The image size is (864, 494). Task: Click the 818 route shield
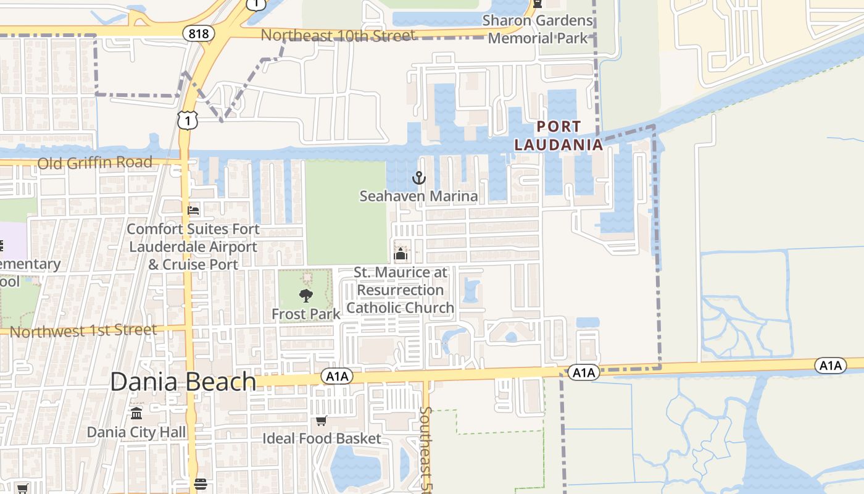pos(198,33)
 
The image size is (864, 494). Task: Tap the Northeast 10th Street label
pos(338,35)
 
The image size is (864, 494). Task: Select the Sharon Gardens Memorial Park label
pos(538,29)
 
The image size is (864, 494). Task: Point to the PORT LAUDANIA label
pos(559,136)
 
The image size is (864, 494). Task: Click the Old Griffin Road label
pos(94,163)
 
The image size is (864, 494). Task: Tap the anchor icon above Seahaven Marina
pos(419,178)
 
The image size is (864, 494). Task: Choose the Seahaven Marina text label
pos(419,196)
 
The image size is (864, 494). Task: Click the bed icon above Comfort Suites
pos(193,211)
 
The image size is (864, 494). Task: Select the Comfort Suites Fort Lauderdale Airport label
pos(193,246)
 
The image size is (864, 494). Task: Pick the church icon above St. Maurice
pos(401,254)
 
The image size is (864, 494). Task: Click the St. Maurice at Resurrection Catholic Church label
pos(401,290)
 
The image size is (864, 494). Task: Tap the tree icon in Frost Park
pos(305,296)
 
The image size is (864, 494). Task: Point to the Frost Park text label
pos(305,314)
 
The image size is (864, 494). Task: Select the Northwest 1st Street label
pos(83,331)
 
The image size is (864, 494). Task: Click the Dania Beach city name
pos(183,382)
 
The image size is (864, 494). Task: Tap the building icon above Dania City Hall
pos(136,412)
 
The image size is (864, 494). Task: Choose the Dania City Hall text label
pos(136,432)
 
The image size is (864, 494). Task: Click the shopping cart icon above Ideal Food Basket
pos(321,421)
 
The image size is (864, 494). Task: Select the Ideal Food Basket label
pos(322,438)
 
